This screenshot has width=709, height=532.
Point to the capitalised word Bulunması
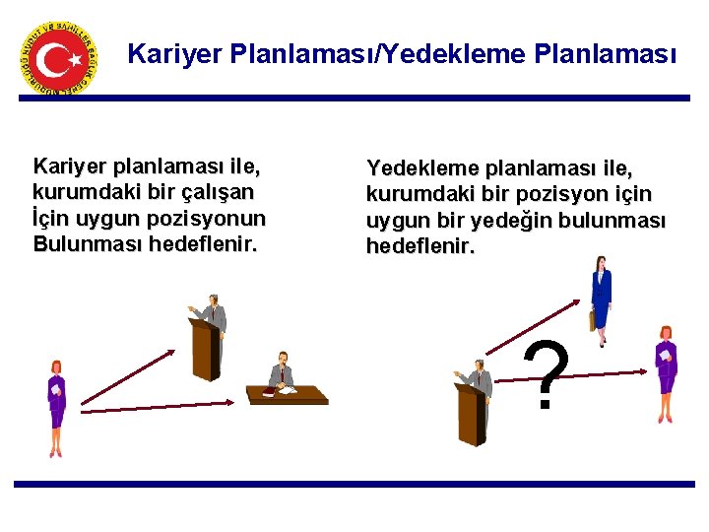86,243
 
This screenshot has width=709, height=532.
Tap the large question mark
548,376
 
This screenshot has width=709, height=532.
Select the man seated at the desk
284,372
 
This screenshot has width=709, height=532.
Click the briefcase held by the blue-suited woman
592,319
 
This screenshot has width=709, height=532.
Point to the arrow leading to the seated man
158,402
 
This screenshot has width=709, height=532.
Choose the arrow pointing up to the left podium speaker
127,376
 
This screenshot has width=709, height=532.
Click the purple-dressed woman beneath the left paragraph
56,407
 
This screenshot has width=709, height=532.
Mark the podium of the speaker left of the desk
205,346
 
